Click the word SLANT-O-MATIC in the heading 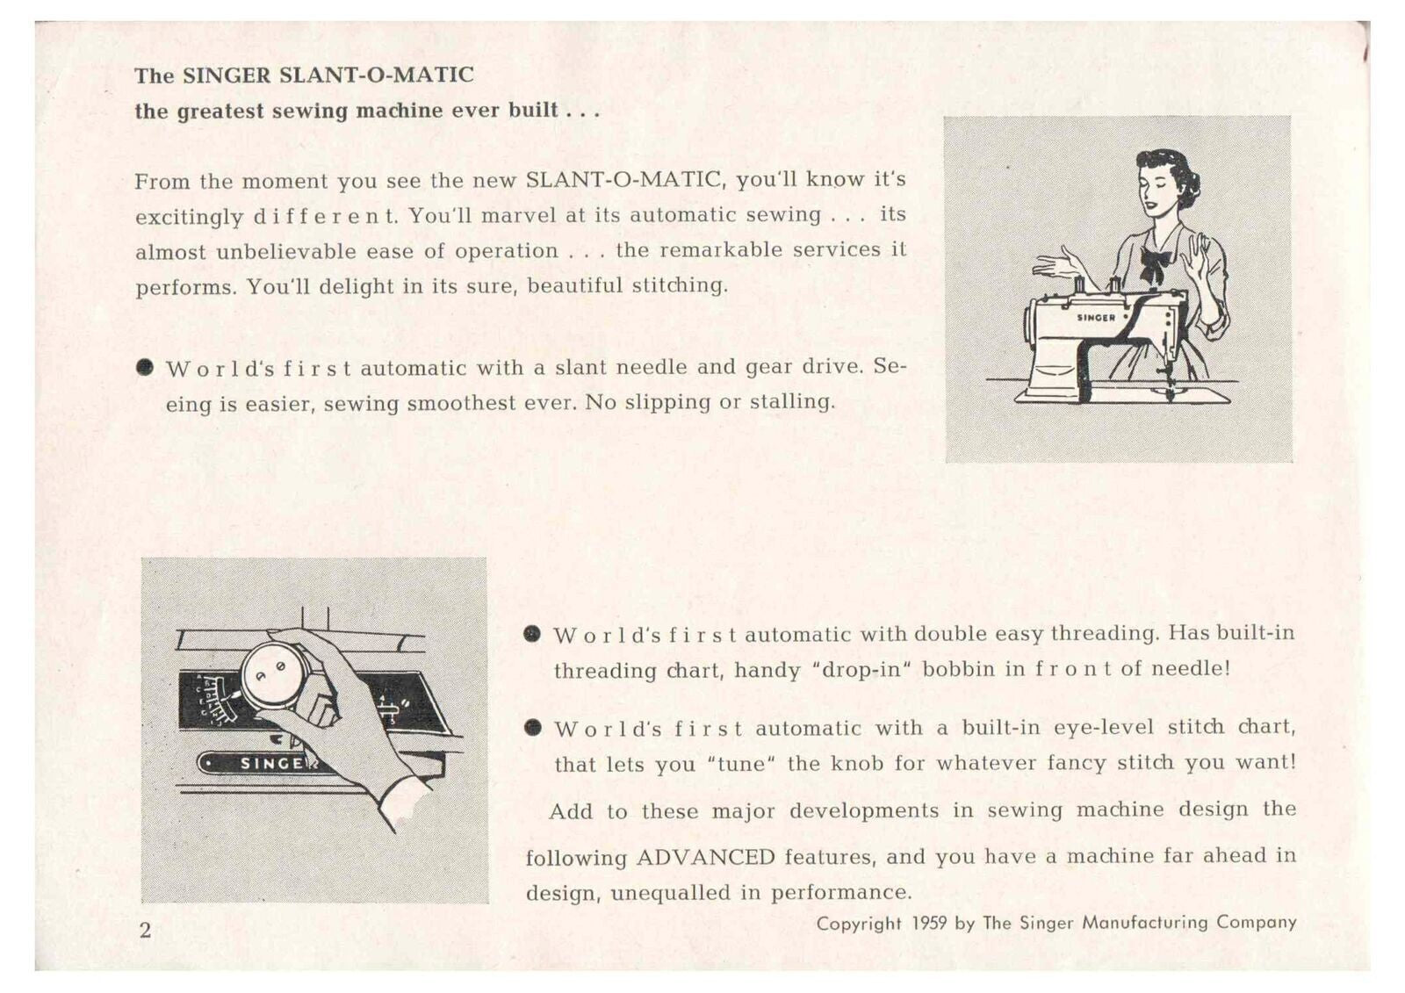point(376,76)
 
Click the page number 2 point(145,930)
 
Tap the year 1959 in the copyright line point(929,923)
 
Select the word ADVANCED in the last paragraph point(705,857)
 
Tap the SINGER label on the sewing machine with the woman point(1096,318)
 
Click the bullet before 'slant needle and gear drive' point(146,367)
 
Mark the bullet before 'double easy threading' point(531,634)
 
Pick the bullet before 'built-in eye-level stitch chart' point(531,727)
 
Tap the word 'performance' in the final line point(840,893)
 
